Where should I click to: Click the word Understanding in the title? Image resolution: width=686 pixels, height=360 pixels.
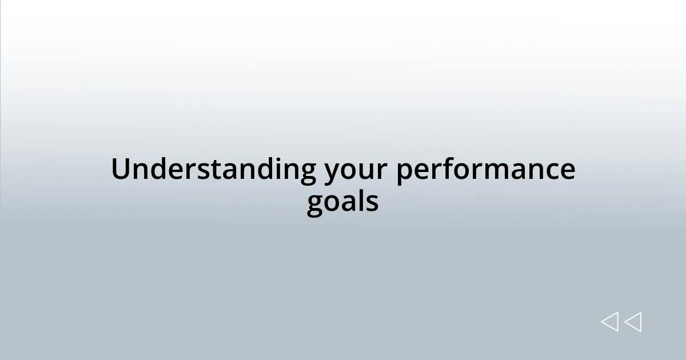214,170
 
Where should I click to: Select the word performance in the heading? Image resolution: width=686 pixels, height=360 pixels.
485,171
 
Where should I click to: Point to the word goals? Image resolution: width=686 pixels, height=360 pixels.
342,203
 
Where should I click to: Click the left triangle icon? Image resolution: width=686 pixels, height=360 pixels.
609,322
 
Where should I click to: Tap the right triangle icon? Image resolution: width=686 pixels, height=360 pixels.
633,322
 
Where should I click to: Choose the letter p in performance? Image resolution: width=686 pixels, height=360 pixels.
405,173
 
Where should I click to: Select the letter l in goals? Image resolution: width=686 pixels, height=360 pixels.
361,202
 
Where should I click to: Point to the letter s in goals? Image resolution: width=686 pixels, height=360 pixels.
372,203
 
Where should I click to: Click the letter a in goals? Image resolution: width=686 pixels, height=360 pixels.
349,203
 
